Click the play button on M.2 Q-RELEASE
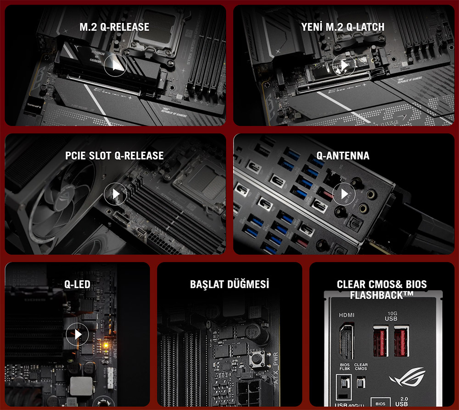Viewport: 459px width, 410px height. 115,66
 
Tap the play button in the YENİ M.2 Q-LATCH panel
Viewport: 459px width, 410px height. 344,66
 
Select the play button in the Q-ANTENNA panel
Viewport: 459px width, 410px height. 344,194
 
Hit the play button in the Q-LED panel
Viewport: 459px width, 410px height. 77,335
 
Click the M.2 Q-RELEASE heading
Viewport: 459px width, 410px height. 114,27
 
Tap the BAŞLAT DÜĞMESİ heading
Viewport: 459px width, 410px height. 229,284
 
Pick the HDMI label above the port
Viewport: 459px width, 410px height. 347,315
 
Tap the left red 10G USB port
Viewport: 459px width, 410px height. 381,341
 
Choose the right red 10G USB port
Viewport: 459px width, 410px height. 401,341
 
